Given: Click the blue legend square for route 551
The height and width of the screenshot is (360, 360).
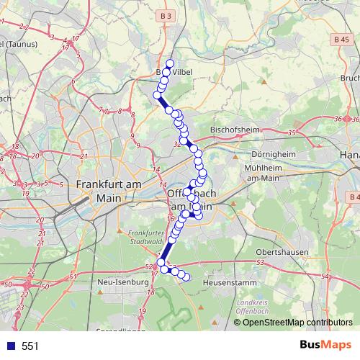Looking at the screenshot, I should pos(9,346).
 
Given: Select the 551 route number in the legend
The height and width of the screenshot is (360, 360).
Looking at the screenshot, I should pos(30,346).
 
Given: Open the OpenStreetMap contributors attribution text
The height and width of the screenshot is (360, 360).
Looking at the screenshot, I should pos(297,322).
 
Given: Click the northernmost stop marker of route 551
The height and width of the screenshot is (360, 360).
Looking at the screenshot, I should pos(170,63).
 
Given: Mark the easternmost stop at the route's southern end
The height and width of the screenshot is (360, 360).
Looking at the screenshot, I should pos(186,277).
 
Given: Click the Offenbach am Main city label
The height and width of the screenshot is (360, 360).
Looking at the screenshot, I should pos(189,200).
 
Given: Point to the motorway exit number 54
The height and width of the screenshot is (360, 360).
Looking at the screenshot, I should pos(325,276).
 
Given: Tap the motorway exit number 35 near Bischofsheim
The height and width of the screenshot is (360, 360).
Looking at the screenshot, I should pos(291,133).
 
